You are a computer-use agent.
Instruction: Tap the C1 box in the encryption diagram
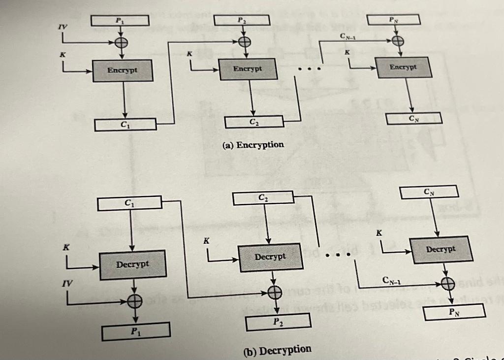click(x=126, y=125)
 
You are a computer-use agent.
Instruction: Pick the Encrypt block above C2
click(x=249, y=69)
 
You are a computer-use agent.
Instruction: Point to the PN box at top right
click(x=392, y=20)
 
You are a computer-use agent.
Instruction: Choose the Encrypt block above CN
click(x=404, y=67)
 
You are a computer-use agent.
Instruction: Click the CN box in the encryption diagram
click(x=413, y=118)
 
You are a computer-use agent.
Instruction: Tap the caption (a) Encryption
click(x=253, y=145)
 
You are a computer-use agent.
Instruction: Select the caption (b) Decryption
click(x=278, y=350)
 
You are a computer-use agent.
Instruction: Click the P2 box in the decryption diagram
click(x=278, y=322)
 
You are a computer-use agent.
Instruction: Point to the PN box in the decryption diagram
click(x=454, y=311)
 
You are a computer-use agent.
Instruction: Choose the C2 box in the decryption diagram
click(x=263, y=198)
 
